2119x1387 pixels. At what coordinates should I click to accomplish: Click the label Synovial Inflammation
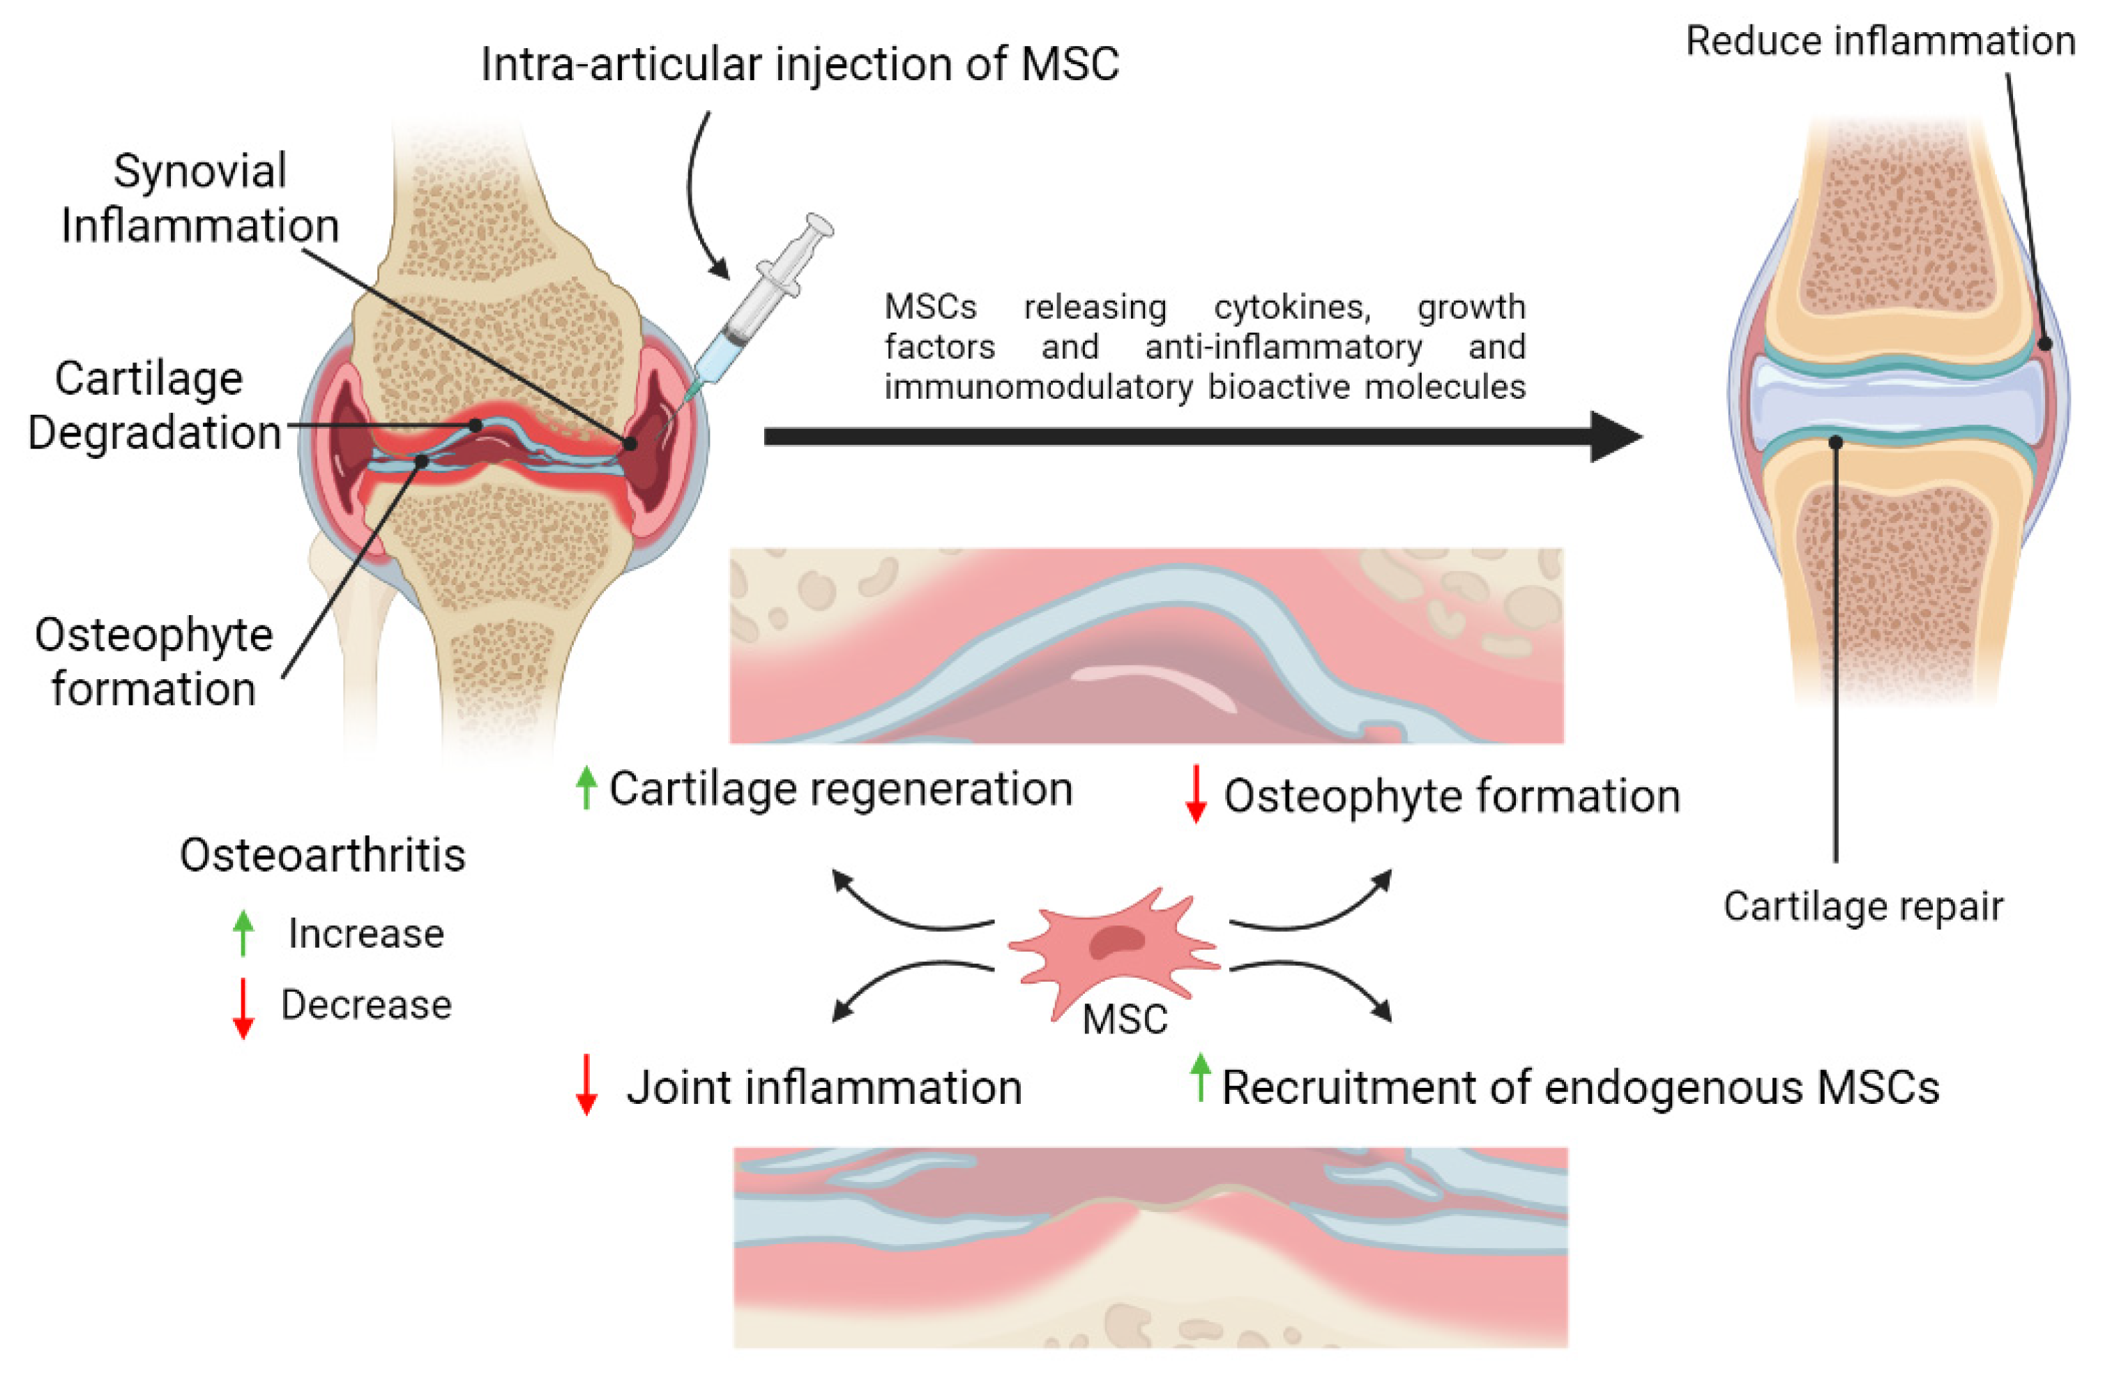pos(200,197)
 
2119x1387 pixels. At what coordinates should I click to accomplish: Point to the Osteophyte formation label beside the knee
pos(153,662)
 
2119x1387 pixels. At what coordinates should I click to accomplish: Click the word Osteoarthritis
pos(322,856)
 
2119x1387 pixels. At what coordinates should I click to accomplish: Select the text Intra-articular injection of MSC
pos(798,64)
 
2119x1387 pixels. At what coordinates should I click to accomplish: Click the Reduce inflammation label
pos(1881,41)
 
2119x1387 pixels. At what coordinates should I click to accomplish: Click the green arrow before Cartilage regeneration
pos(586,788)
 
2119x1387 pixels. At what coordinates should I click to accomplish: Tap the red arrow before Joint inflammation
pos(586,1084)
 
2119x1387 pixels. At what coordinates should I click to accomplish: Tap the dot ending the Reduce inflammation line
pos(2045,344)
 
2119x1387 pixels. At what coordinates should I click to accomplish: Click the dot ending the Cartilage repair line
pos(1836,442)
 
